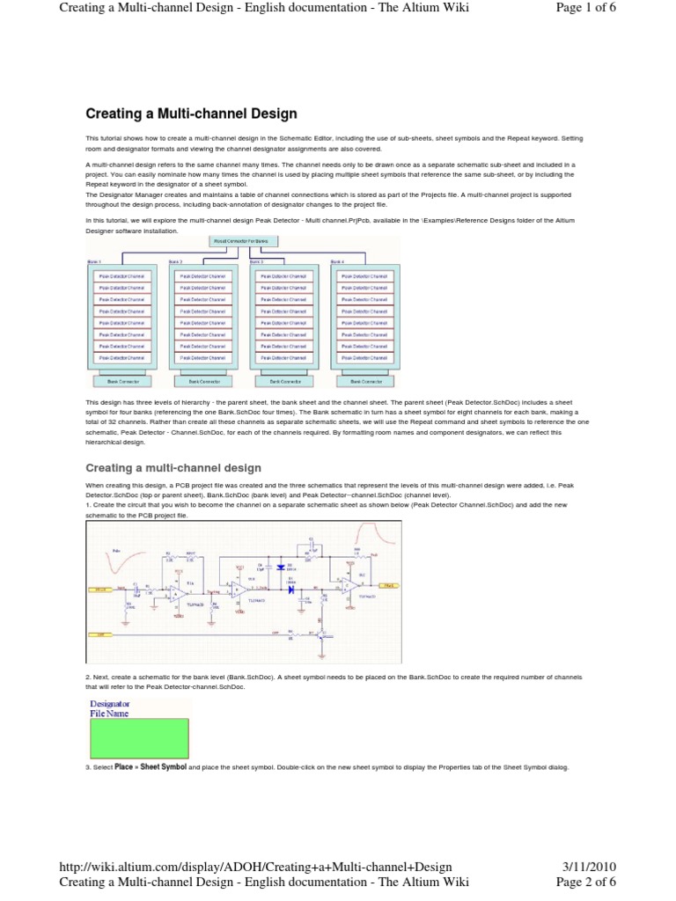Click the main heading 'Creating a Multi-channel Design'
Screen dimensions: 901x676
pos(191,114)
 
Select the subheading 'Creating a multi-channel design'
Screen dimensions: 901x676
pos(173,468)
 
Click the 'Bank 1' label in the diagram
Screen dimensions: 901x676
pos(93,261)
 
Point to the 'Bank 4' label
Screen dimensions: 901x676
pos(337,261)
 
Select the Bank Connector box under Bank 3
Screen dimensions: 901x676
pos(283,381)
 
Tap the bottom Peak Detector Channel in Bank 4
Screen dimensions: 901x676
pos(364,357)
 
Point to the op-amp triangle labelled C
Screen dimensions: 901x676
pos(347,585)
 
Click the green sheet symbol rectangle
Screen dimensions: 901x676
pos(139,739)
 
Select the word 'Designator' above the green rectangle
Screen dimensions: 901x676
pos(110,704)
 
